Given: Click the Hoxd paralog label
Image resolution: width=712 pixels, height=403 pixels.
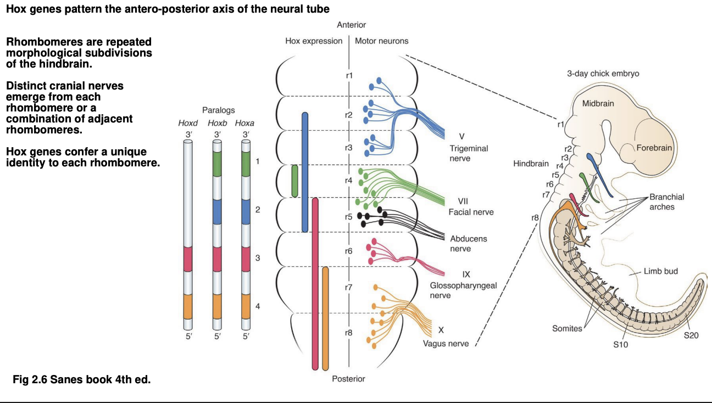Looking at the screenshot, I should [x=188, y=124].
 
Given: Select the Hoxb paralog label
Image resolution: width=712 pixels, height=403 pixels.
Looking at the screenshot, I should [x=217, y=124].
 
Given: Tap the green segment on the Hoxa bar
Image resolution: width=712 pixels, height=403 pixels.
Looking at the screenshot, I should [x=246, y=164].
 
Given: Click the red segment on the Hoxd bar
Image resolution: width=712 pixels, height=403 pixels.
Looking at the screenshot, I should [x=188, y=259].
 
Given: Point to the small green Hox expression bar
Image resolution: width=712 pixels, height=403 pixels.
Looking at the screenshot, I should [x=295, y=181].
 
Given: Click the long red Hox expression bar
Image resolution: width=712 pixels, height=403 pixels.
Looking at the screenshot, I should [x=315, y=283].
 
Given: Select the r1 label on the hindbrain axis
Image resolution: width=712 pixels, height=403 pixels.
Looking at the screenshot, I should [x=349, y=75].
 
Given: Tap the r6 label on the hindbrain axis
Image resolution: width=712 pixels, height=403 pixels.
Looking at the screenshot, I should [x=349, y=251].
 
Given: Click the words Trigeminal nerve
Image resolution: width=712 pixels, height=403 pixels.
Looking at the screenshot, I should [x=469, y=153].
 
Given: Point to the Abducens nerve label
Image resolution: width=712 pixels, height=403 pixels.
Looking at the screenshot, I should [x=468, y=244].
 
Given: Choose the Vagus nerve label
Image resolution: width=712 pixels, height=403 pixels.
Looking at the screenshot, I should [x=446, y=344].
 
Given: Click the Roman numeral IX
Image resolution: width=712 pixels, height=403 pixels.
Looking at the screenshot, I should [x=466, y=275].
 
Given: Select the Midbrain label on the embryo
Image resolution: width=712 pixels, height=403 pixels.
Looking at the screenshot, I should [x=598, y=104].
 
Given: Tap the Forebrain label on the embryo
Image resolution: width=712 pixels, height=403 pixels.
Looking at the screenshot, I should [x=654, y=148].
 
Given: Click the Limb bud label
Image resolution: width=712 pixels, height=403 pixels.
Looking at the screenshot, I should [x=661, y=271].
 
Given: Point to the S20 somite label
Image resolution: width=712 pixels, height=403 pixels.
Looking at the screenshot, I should [x=691, y=335].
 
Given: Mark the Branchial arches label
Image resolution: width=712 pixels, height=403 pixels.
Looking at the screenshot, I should [x=666, y=201].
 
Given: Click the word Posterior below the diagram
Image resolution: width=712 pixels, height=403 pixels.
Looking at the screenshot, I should [x=348, y=379].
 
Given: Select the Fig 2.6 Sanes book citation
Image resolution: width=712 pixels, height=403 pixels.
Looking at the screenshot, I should [x=81, y=379].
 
